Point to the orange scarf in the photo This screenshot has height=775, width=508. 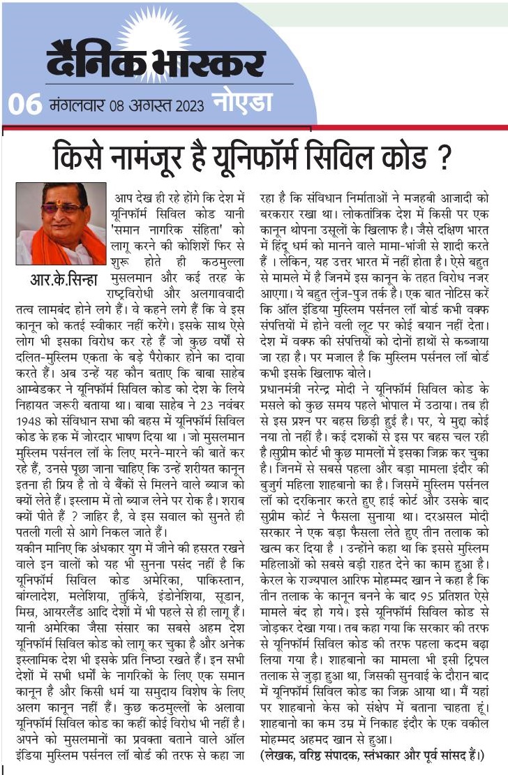(42, 244)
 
